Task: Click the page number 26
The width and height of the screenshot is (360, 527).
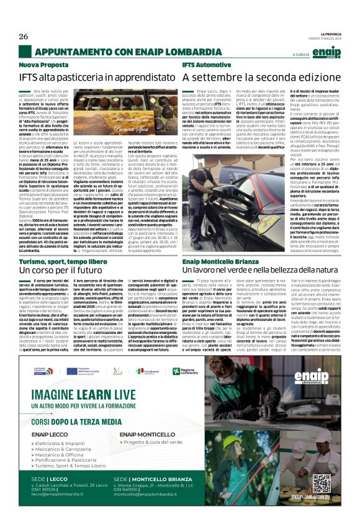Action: click(x=24, y=36)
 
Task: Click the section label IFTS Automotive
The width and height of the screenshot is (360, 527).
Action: click(x=206, y=65)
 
